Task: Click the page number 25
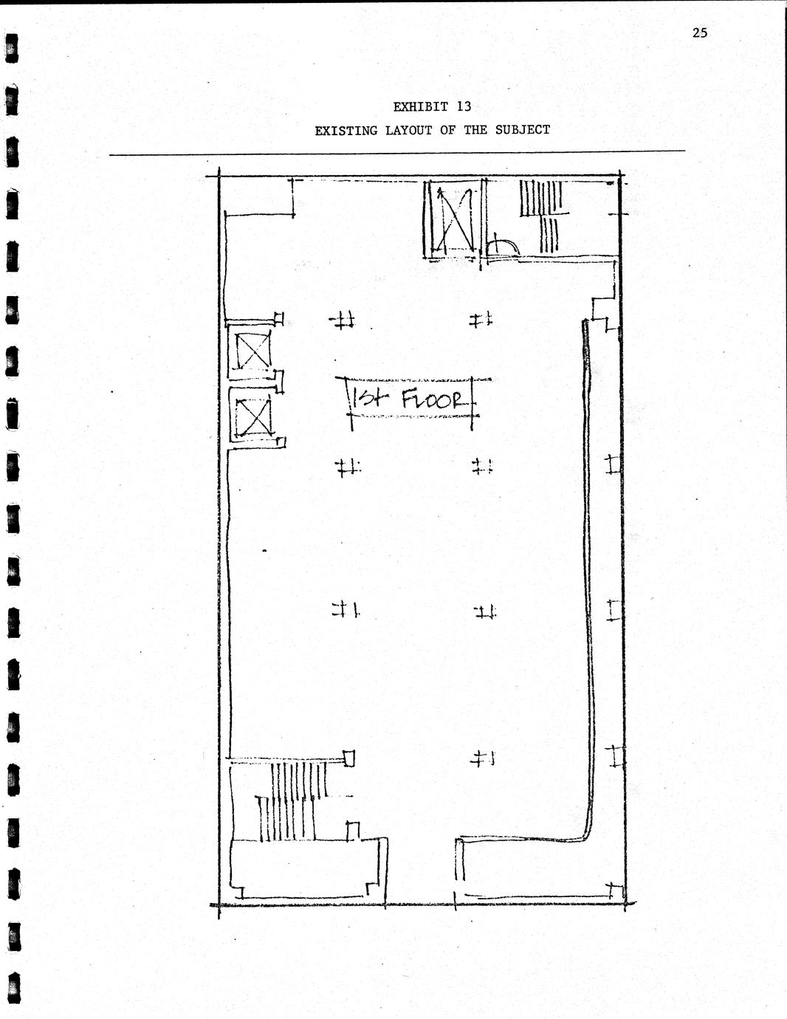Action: pyautogui.click(x=699, y=32)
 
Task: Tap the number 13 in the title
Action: pyautogui.click(x=464, y=107)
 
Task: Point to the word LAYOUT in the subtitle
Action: pyautogui.click(x=409, y=131)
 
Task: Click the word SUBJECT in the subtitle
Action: pyautogui.click(x=523, y=130)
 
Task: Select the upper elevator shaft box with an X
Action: pyautogui.click(x=253, y=350)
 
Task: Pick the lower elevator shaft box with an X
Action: pyautogui.click(x=253, y=416)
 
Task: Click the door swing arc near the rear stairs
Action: pyautogui.click(x=506, y=245)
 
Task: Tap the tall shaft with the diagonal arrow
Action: pyautogui.click(x=453, y=219)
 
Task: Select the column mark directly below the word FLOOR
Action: pyautogui.click(x=482, y=467)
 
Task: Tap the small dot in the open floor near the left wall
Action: pyautogui.click(x=264, y=551)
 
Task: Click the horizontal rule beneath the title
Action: pyautogui.click(x=397, y=153)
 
